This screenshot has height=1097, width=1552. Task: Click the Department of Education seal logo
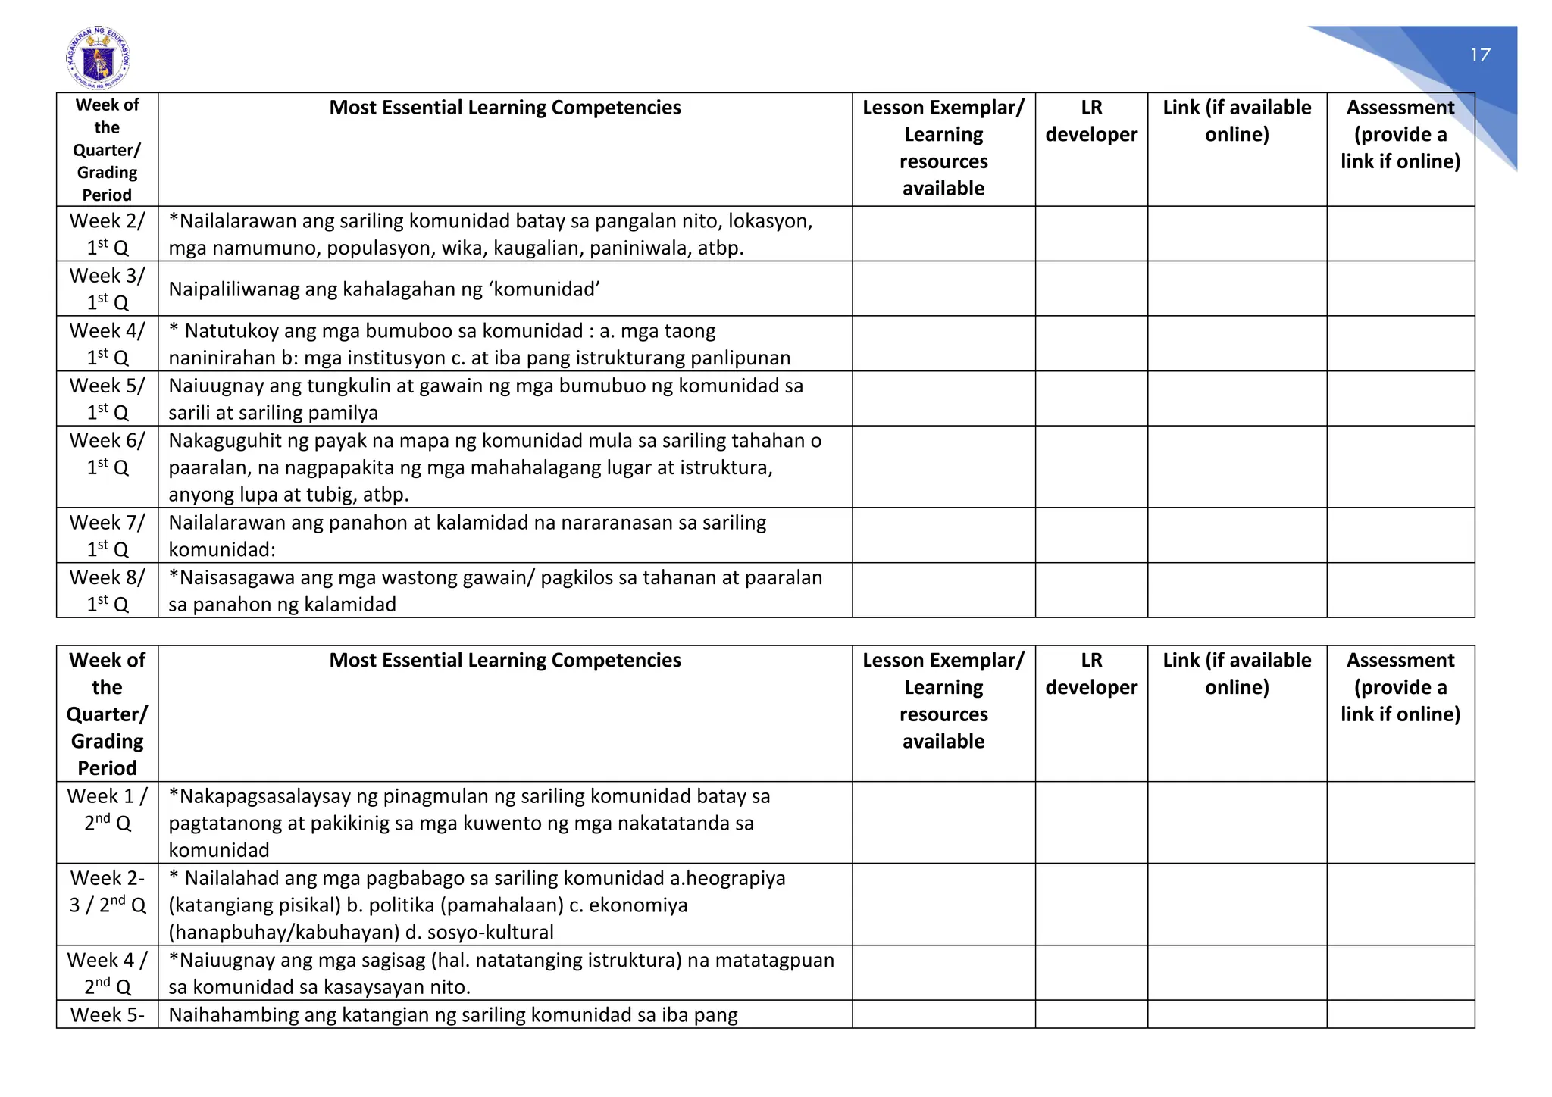click(x=98, y=58)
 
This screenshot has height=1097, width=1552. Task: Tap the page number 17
click(x=1480, y=55)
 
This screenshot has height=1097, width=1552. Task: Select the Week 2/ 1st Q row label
click(x=107, y=234)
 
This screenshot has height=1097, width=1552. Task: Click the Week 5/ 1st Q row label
click(x=107, y=398)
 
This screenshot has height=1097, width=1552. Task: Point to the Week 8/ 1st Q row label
click(x=107, y=590)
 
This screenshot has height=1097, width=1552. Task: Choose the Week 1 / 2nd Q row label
click(x=107, y=809)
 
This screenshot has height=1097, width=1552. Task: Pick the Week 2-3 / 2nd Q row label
click(x=107, y=891)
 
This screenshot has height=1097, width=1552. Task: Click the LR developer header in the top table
click(x=1091, y=121)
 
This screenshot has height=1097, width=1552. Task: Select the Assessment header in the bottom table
click(x=1400, y=686)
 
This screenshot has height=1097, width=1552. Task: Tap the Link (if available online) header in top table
click(x=1237, y=121)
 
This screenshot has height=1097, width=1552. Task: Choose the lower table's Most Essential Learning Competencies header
click(x=505, y=660)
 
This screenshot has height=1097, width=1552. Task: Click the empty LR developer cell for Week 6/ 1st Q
click(x=1091, y=467)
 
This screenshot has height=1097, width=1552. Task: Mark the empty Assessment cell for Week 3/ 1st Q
click(x=1400, y=289)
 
